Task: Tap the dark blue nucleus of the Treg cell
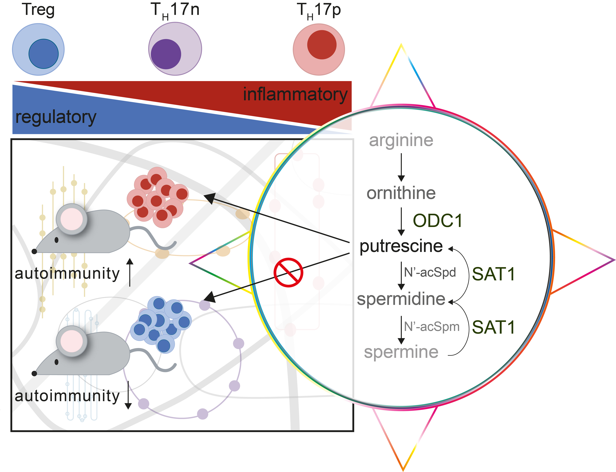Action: [43, 54]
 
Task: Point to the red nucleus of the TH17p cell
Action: [322, 45]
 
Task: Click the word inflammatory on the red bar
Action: [295, 94]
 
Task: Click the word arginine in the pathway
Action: [401, 140]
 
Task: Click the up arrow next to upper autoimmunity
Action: [130, 272]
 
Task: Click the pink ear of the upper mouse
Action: [72, 219]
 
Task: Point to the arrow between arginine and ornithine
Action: [401, 167]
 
